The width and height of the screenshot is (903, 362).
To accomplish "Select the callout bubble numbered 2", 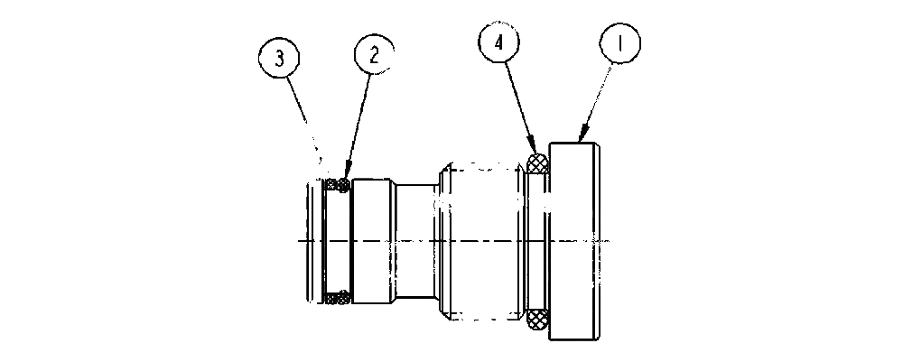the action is point(375,55).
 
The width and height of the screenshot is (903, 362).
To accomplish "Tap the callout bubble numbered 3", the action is point(279,60).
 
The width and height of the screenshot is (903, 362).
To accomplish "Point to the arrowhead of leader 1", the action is point(582,137).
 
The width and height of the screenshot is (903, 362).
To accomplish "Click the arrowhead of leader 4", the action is point(534,147).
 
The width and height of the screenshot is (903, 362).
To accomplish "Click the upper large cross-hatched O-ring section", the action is point(538,162).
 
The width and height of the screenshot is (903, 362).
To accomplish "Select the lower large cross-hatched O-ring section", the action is point(538,319).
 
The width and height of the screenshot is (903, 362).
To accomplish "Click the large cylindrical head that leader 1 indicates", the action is point(574,240).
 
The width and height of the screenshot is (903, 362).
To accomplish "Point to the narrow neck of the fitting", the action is point(415,241).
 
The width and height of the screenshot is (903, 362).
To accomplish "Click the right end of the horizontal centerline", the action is point(610,240).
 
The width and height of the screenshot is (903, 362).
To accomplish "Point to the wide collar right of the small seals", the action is point(373,241).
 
